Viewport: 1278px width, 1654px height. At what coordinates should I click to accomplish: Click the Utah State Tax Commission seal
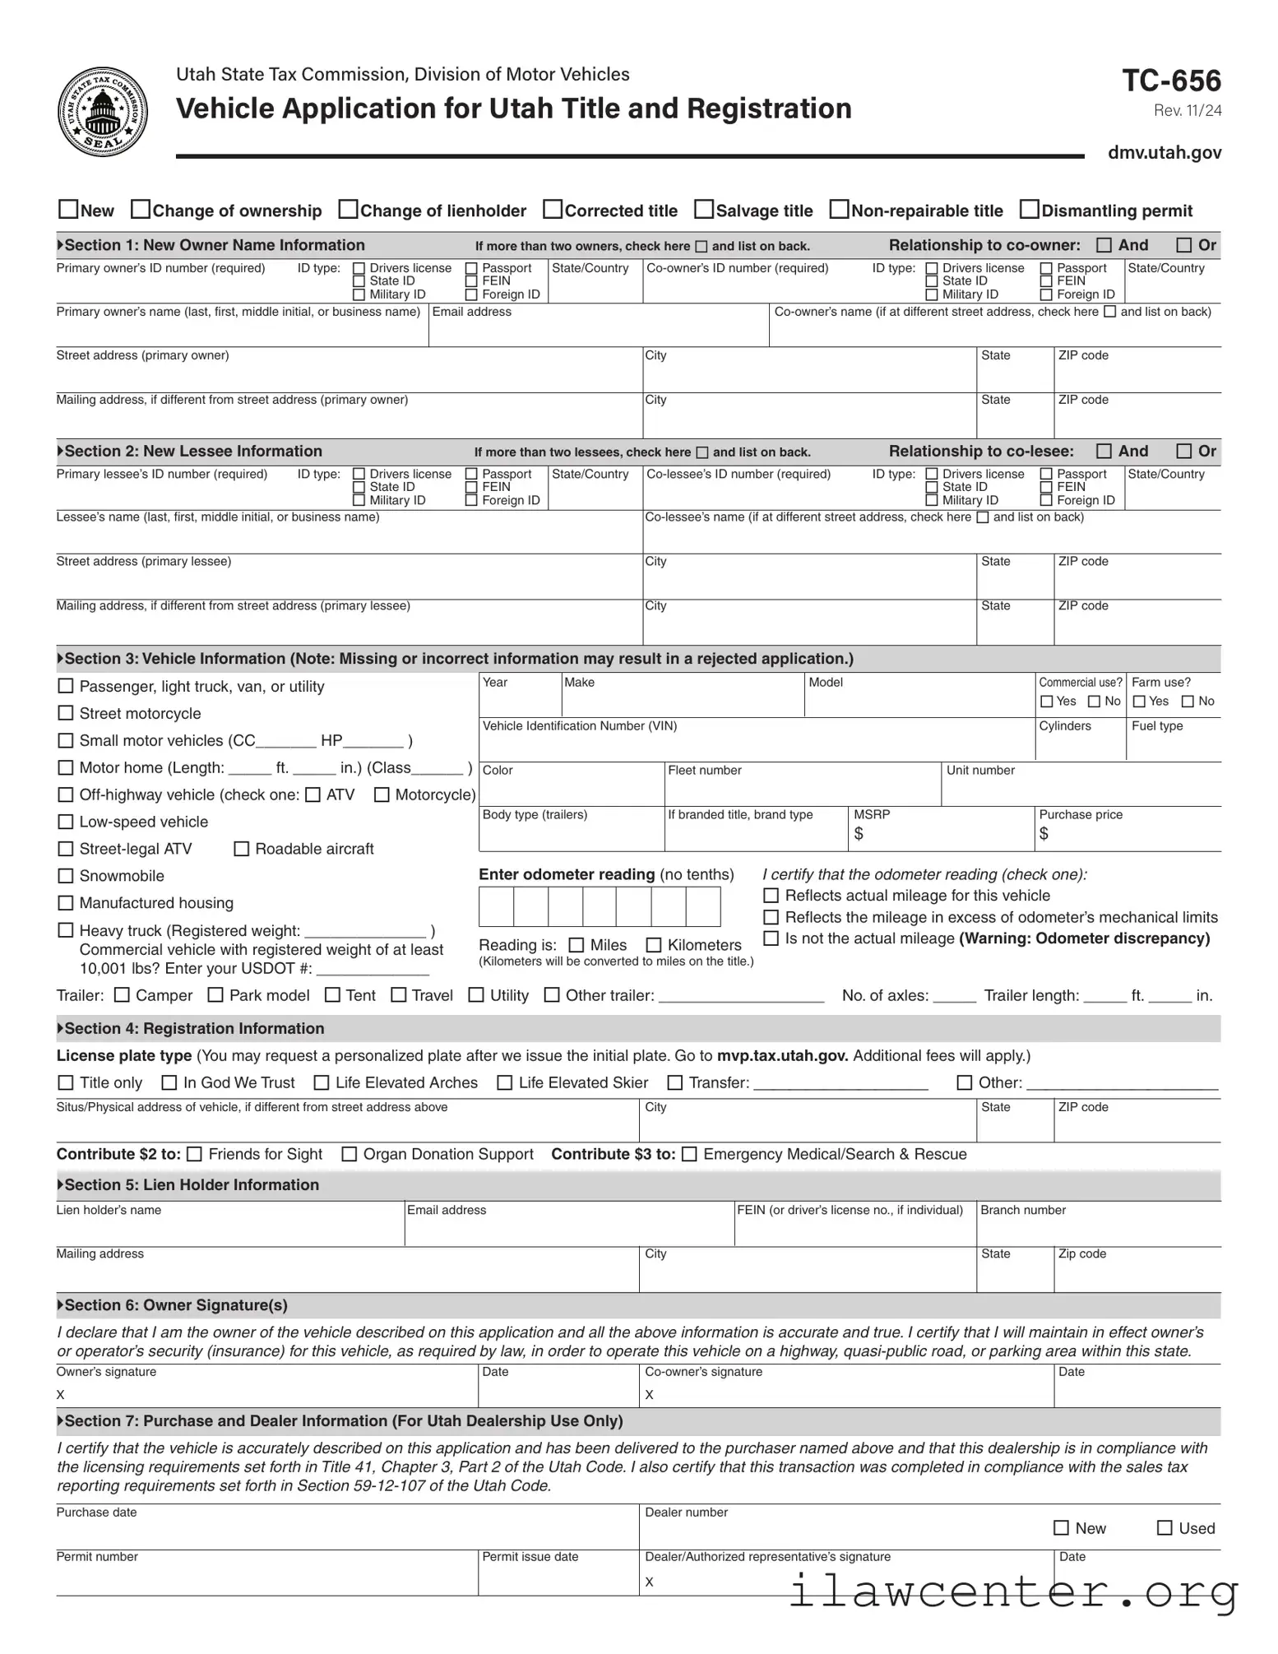coord(103,112)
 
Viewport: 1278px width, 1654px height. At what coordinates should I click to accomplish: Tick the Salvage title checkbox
coord(704,210)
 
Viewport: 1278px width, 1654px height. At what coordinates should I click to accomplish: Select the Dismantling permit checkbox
coord(1029,210)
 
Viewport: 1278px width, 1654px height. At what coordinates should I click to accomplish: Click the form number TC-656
coord(1171,81)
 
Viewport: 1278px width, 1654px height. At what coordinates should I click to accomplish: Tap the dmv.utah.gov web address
coord(1164,152)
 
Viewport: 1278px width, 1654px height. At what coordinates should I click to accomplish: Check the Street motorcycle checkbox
coord(66,713)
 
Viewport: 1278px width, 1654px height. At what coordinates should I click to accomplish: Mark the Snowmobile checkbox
coord(66,876)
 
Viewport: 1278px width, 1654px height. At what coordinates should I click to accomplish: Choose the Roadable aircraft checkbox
coord(242,849)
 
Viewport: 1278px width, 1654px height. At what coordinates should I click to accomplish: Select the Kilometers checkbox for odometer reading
coord(654,945)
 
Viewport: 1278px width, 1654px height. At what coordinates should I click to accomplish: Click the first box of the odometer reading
coord(496,907)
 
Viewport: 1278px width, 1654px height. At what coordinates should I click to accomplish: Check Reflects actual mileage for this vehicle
coord(771,896)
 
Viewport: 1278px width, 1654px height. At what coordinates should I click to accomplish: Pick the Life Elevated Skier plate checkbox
coord(505,1083)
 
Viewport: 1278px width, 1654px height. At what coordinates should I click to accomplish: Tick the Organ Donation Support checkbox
coord(350,1155)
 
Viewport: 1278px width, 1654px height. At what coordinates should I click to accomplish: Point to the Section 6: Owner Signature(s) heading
coord(176,1305)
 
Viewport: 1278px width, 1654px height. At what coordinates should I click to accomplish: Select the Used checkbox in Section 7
coord(1165,1528)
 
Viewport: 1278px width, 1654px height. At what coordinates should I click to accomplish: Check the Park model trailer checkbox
coord(215,995)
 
